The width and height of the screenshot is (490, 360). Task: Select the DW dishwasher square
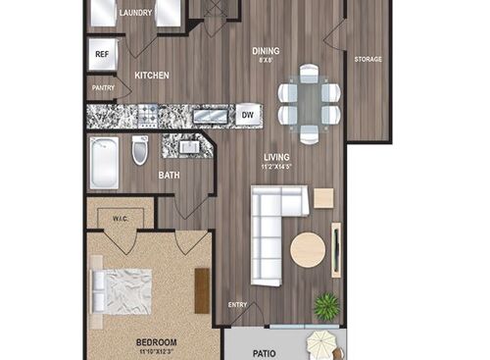(247, 116)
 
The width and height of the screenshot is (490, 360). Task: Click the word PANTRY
(103, 88)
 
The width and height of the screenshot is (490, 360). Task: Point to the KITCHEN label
(152, 76)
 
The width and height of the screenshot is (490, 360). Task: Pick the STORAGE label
(367, 60)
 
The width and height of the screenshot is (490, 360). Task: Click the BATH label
(169, 176)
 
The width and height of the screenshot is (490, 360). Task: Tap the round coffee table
(308, 249)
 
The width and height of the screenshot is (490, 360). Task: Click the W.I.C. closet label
(122, 219)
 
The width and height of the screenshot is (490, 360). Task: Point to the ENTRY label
(238, 305)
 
